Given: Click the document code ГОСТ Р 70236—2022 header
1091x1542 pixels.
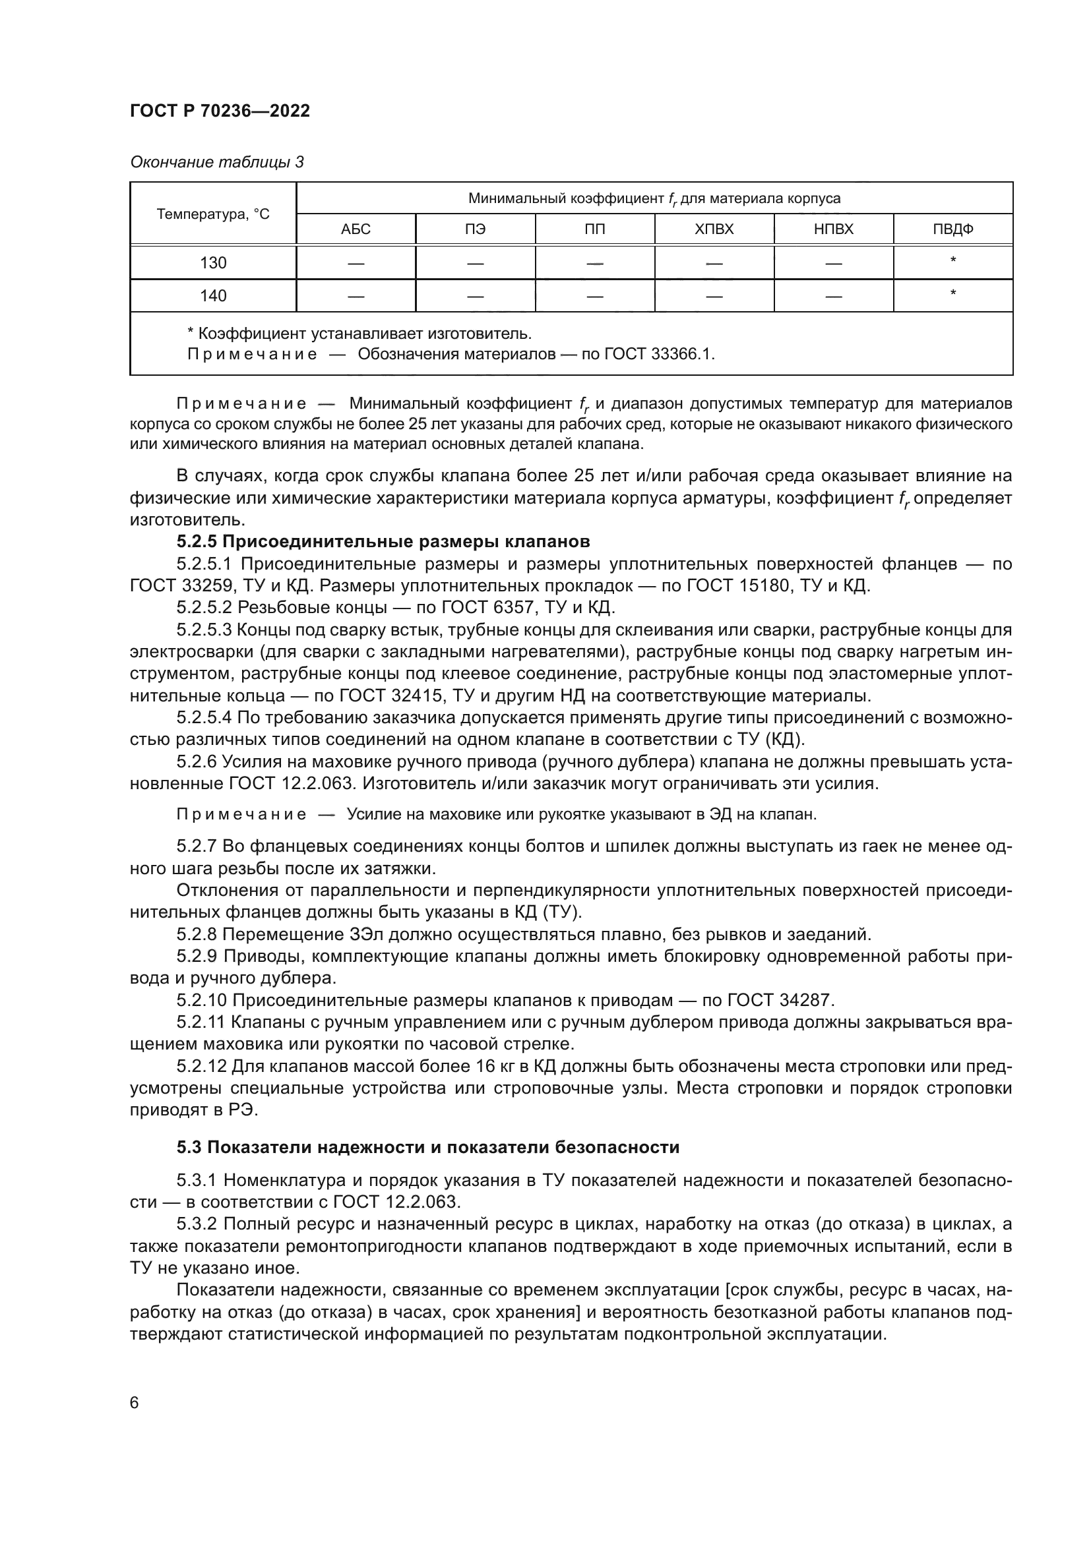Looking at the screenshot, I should tap(220, 111).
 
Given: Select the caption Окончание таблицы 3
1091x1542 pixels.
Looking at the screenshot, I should tap(216, 162).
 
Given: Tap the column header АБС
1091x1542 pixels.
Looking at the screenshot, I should tap(356, 229).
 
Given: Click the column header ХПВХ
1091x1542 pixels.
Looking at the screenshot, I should tap(714, 229).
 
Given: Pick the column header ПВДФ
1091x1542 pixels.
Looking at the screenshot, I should tap(952, 229).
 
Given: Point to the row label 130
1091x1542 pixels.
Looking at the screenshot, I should tap(213, 262).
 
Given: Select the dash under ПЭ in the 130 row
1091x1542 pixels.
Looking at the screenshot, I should tap(475, 263).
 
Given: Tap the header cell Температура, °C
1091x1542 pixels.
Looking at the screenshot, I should tap(213, 214).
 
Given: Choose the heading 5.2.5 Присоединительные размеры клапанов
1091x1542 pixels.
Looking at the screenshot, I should tap(383, 541).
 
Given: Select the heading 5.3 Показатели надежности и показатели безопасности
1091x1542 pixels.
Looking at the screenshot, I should tap(428, 1147).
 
